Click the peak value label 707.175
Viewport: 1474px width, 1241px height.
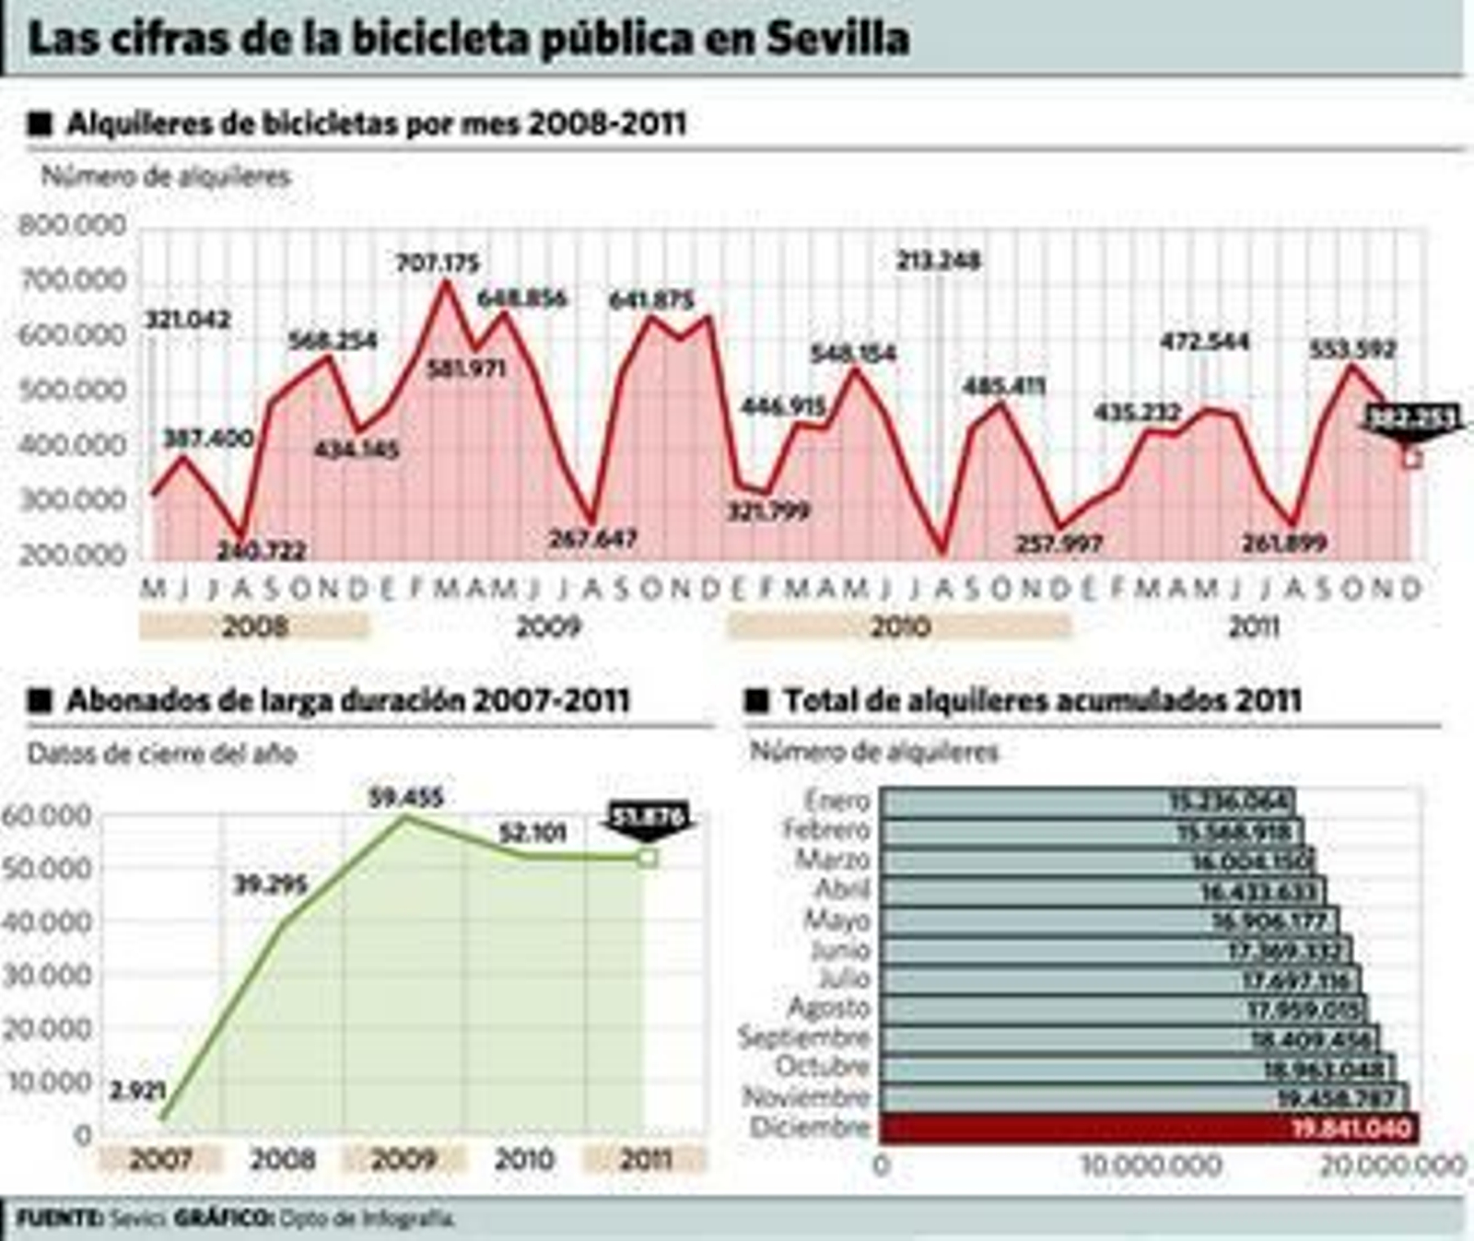(438, 263)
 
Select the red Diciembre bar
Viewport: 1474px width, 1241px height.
(1149, 1128)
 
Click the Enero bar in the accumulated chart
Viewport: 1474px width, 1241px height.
(1087, 802)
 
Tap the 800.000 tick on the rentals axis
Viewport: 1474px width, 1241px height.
(72, 226)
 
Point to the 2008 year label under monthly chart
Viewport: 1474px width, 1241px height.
(255, 626)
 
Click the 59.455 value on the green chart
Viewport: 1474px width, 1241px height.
(406, 797)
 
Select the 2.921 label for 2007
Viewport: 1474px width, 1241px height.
(138, 1092)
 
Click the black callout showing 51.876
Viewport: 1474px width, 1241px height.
(648, 818)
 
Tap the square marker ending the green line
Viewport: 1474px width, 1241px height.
(648, 859)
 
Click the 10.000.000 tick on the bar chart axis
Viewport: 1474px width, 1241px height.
(1151, 1165)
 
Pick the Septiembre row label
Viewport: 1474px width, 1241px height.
(804, 1038)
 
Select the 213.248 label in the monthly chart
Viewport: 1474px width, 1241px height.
(939, 261)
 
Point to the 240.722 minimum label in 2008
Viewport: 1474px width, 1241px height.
(261, 551)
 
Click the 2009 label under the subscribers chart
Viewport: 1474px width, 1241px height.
(404, 1159)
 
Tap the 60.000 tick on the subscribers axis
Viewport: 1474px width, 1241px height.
(48, 815)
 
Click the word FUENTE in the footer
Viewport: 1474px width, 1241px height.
(60, 1218)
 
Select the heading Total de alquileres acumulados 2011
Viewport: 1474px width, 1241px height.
(1042, 701)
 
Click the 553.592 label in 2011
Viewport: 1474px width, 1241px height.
(1353, 349)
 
